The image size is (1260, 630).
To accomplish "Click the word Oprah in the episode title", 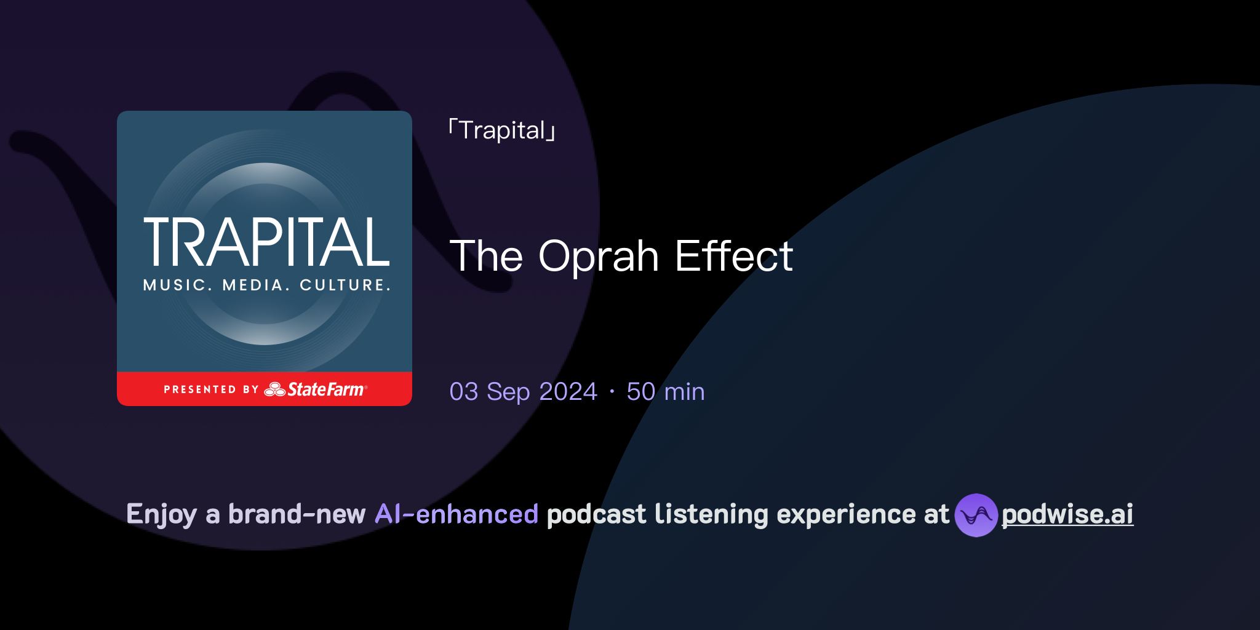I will pyautogui.click(x=599, y=257).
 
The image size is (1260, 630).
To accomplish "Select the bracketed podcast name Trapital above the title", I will pyautogui.click(x=502, y=130).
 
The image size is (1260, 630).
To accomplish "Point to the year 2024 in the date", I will pyautogui.click(x=568, y=391).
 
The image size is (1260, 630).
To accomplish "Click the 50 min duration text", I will pyautogui.click(x=665, y=391).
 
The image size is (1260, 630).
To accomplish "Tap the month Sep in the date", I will pyautogui.click(x=508, y=391).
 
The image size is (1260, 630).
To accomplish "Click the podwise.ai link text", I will pyautogui.click(x=1067, y=514).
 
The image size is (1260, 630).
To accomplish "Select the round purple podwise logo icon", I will pyautogui.click(x=976, y=515).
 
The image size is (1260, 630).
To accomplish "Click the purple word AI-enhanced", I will pyautogui.click(x=457, y=514).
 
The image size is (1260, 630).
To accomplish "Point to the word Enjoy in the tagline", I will pyautogui.click(x=161, y=514).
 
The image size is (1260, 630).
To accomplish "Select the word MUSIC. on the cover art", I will pyautogui.click(x=177, y=285).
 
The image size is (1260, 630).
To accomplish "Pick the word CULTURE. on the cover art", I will pyautogui.click(x=345, y=285).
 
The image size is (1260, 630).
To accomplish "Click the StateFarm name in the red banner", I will pyautogui.click(x=326, y=389).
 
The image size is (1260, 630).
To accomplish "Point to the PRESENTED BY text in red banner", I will pyautogui.click(x=211, y=389).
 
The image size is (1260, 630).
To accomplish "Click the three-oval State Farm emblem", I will pyautogui.click(x=274, y=389).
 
